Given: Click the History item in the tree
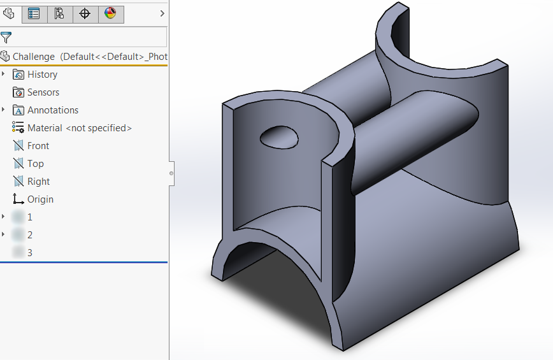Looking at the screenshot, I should [x=42, y=75].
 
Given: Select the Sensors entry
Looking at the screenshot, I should [x=43, y=92].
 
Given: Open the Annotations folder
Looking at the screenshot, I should [x=52, y=110].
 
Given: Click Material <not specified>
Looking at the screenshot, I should [x=79, y=128].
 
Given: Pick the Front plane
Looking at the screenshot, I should [x=38, y=146].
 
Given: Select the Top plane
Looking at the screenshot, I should [x=35, y=164].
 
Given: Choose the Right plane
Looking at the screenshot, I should [x=38, y=182].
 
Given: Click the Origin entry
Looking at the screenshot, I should [x=40, y=199].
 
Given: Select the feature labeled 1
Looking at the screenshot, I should [x=29, y=217].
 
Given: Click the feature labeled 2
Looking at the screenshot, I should [x=29, y=235].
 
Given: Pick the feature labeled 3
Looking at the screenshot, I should [x=29, y=253].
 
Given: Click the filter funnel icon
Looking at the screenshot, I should [x=6, y=37].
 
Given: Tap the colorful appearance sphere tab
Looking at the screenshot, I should [x=110, y=13].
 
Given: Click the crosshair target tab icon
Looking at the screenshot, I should [x=85, y=13].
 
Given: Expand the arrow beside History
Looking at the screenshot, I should [x=4, y=75].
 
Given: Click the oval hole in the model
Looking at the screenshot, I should [x=279, y=136].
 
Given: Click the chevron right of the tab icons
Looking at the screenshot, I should [x=162, y=13].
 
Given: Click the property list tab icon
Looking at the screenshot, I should [x=34, y=13].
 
